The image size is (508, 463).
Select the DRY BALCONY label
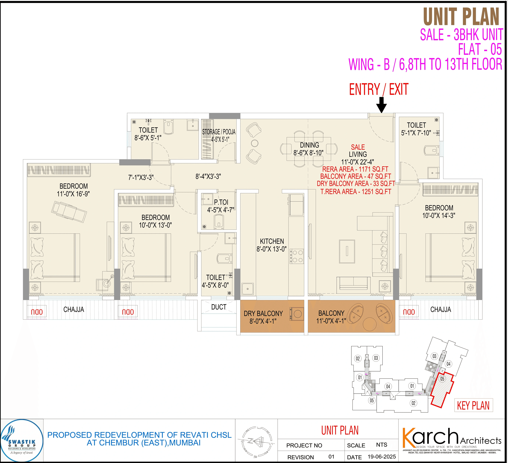point(263,314)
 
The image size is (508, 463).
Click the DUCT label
point(219,307)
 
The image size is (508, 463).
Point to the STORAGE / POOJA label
point(219,132)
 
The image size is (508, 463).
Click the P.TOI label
point(221,202)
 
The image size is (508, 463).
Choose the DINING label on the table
point(309,145)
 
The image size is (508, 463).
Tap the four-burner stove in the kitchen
point(297,256)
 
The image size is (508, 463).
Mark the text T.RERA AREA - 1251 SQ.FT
point(356,192)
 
